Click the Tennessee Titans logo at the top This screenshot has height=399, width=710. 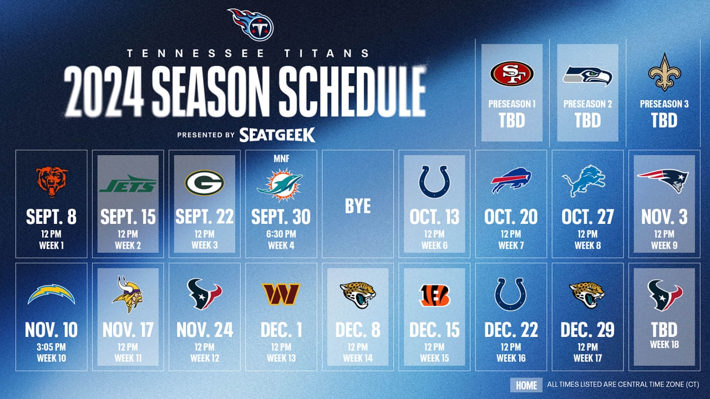[250, 24]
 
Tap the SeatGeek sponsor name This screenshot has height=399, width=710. [277, 135]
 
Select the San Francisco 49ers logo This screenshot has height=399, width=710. [511, 74]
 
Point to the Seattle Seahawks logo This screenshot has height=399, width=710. [587, 75]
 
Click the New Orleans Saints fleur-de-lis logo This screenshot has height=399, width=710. [664, 73]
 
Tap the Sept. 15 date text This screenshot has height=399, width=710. [128, 217]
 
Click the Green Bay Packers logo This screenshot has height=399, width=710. [204, 183]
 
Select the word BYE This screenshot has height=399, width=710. [358, 206]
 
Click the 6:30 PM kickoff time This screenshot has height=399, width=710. [281, 234]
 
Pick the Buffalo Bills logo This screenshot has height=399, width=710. [511, 181]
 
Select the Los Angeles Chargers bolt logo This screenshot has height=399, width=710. [52, 294]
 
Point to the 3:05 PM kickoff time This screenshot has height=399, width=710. [52, 347]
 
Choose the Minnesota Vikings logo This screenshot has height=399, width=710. [128, 294]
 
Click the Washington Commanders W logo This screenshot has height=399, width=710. [281, 294]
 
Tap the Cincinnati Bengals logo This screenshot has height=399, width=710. [434, 296]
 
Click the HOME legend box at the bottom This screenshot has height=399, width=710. [526, 385]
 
